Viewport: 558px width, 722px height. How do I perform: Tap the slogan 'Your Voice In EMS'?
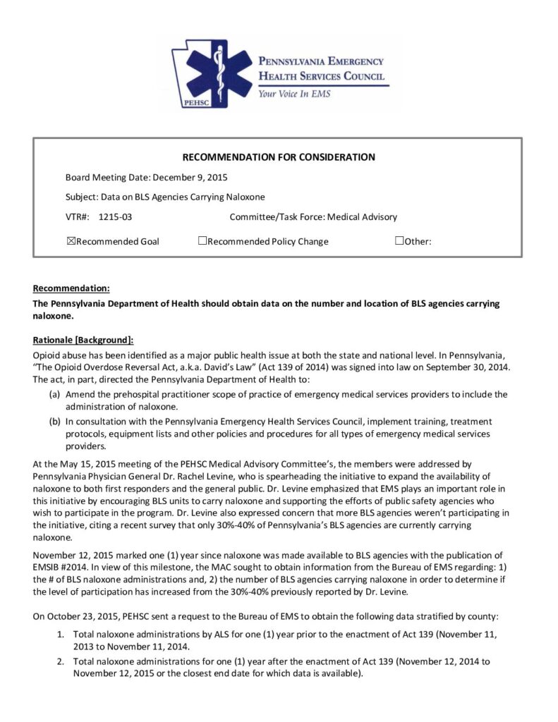pos(294,93)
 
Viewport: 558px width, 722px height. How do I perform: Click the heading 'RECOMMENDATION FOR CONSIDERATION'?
pos(279,157)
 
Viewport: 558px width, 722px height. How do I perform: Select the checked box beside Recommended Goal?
pos(71,241)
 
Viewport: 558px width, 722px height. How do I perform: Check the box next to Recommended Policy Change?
pos(202,241)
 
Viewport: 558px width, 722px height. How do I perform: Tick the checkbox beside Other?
pos(399,241)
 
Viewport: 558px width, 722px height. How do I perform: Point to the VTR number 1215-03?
pos(116,217)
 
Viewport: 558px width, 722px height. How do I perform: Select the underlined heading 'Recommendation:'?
pos(71,288)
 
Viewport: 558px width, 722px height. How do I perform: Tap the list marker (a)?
pos(54,394)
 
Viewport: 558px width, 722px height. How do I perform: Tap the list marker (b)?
pos(54,422)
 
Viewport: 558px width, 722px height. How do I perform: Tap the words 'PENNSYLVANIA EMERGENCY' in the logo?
pos(321,61)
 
